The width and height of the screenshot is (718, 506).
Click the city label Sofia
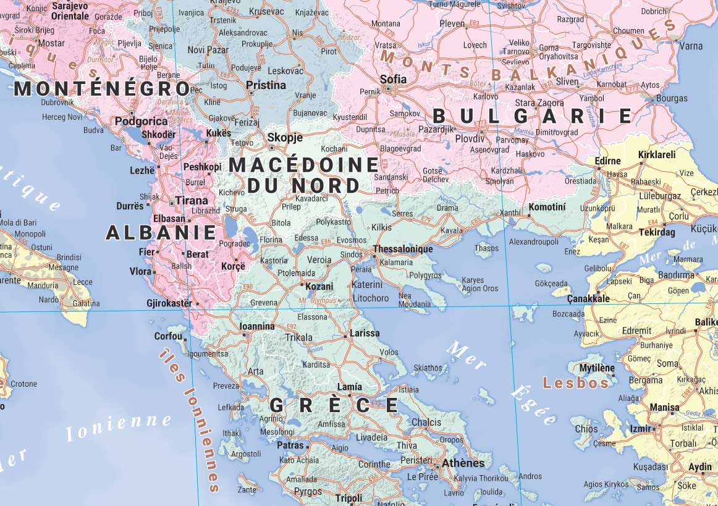[x=393, y=79]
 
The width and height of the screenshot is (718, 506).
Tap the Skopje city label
[x=285, y=138]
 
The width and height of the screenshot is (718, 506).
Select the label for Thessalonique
[x=402, y=250]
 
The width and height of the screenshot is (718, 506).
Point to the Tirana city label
[x=192, y=201]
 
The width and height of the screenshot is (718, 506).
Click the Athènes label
[x=463, y=463]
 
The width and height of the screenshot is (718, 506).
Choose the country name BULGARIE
[x=532, y=116]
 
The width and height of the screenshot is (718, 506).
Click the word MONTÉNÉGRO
[x=102, y=89]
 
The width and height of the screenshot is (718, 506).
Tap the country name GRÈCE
[x=334, y=405]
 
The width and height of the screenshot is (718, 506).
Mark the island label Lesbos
[x=576, y=383]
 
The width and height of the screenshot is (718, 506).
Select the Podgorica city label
[x=141, y=122]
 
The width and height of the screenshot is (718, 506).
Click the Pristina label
[x=266, y=85]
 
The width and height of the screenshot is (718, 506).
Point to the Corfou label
[x=169, y=337]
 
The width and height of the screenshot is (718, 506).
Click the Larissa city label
[x=365, y=333]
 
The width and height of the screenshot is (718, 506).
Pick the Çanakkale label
[x=588, y=299]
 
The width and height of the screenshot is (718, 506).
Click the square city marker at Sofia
[x=388, y=88]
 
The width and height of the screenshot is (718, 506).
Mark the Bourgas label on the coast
[x=671, y=98]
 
